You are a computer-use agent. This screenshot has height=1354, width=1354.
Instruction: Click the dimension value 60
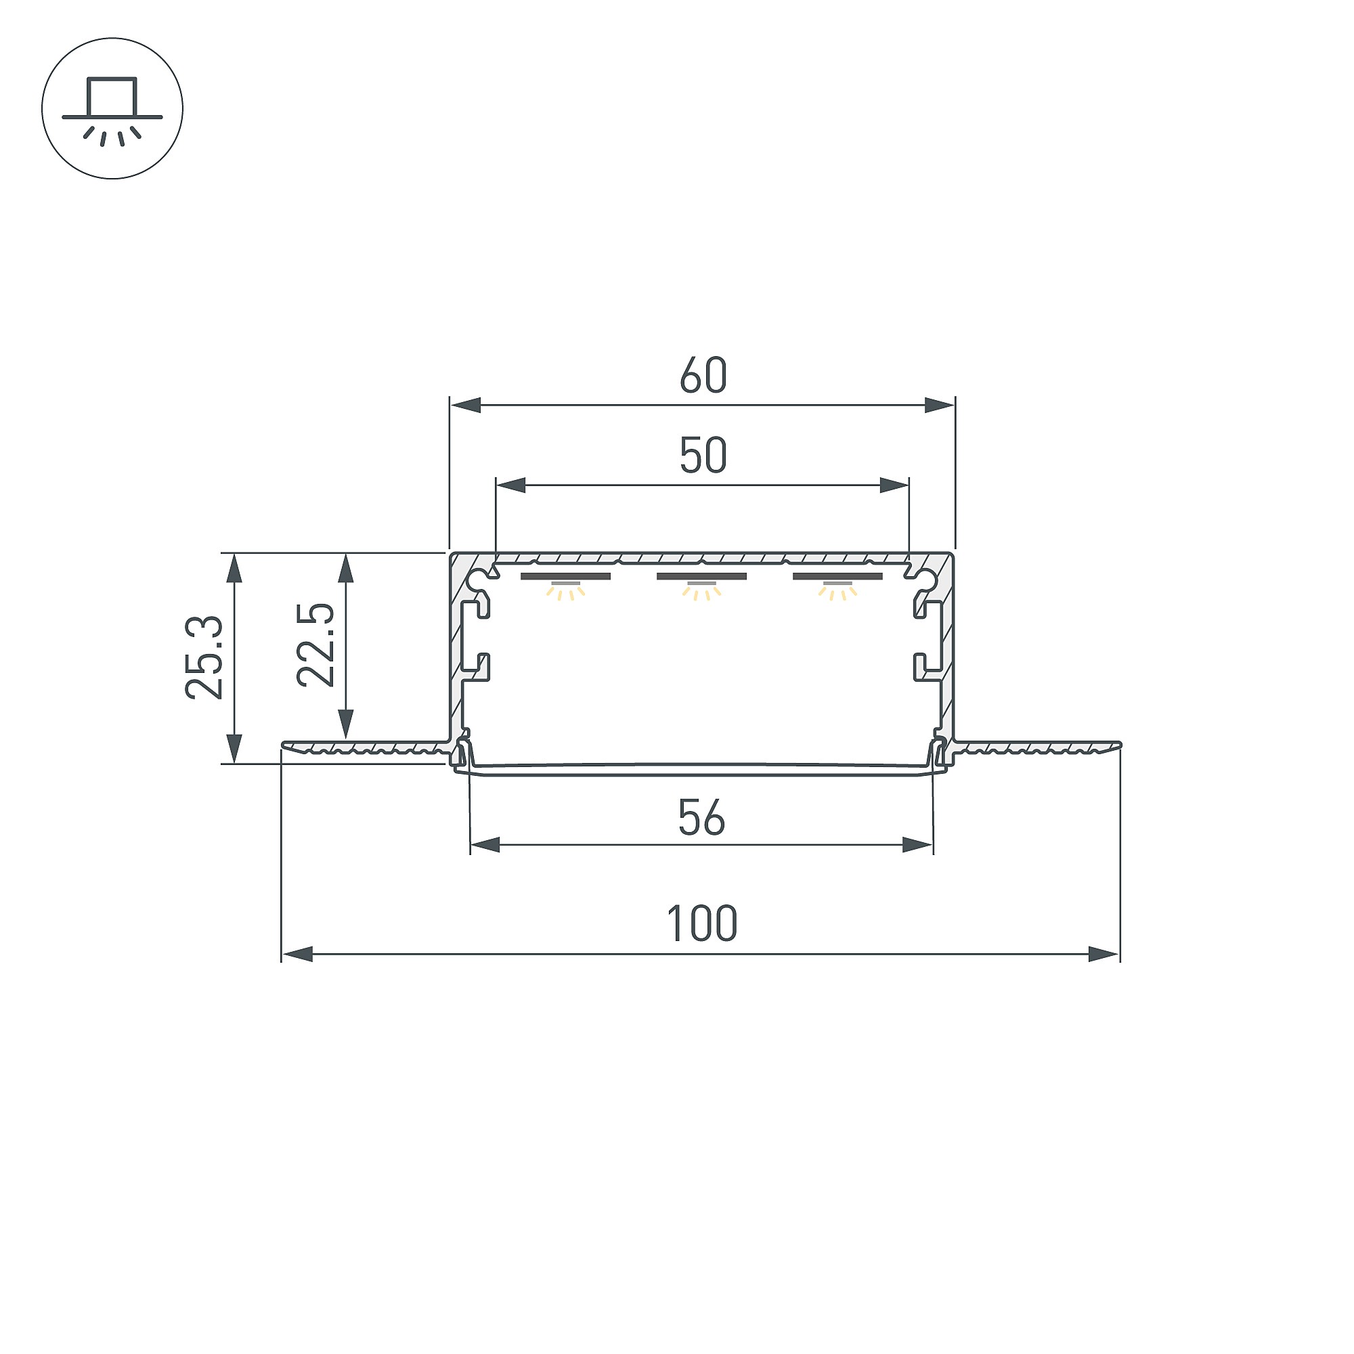click(x=703, y=376)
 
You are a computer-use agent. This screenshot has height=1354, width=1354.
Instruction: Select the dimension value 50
click(x=703, y=456)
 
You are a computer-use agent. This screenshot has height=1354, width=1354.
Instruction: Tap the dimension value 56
click(x=701, y=818)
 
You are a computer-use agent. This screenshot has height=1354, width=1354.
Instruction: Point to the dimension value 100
click(x=701, y=923)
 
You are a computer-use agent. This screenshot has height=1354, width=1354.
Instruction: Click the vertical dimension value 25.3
click(x=204, y=657)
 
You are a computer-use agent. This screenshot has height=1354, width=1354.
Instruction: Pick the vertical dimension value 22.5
click(x=316, y=645)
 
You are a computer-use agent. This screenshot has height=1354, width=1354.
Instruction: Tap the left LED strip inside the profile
click(x=565, y=577)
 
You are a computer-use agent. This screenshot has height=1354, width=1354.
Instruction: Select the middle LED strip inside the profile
click(x=701, y=577)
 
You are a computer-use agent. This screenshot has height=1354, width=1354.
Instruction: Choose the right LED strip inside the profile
click(x=837, y=577)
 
